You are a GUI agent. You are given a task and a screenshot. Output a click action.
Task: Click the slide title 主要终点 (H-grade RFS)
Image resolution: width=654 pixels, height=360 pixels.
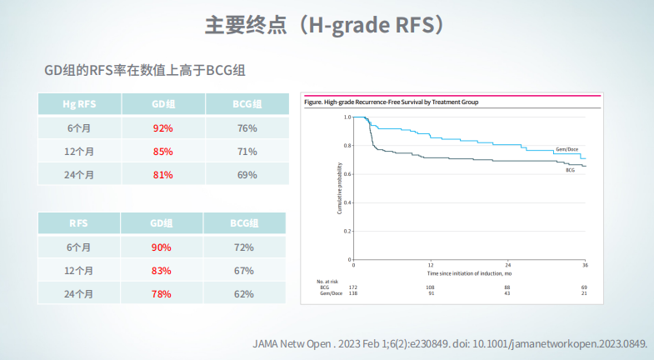coord(326,24)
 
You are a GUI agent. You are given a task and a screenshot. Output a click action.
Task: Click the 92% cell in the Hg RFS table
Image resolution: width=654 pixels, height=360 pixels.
coord(162,128)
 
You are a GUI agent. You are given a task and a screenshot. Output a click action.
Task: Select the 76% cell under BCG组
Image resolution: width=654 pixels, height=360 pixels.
coord(247,128)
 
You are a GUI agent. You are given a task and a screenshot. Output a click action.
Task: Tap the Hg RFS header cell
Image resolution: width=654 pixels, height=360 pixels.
coord(79,105)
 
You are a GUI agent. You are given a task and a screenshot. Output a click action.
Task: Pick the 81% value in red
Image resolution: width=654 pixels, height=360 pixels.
coord(162,175)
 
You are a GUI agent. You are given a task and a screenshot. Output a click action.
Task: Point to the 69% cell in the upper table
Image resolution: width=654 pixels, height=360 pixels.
coord(247,175)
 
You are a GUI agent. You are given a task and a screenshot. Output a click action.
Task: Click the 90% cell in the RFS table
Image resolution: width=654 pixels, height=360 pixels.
coord(162,247)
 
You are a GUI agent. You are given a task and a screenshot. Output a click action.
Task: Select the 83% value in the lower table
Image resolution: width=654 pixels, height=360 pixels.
coord(162,271)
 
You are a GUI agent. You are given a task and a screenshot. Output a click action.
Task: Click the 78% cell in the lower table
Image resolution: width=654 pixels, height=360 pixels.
coord(162,294)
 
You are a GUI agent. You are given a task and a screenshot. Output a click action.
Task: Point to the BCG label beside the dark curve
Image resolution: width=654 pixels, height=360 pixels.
coord(571,170)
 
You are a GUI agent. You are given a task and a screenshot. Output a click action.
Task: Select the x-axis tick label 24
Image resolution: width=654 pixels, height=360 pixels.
coord(507,265)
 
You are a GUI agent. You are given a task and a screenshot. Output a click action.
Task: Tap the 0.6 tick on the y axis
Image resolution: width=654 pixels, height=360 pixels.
coord(347,174)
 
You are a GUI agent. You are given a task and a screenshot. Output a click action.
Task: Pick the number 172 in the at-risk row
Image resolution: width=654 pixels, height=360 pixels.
coord(353,287)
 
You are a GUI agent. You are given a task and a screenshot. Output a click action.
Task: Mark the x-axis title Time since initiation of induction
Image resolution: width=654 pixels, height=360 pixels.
coord(469,272)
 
